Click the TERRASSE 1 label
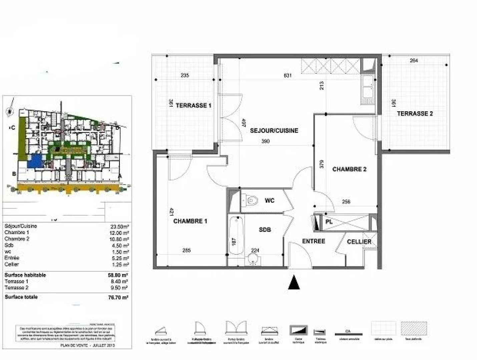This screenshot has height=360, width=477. [193, 105]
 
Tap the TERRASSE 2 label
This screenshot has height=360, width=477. [415, 113]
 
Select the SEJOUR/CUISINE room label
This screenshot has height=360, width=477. [274, 130]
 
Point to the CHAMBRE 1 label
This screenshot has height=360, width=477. [190, 221]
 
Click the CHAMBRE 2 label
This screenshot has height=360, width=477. [349, 169]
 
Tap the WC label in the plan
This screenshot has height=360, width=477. [270, 200]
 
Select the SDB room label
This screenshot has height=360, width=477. [265, 230]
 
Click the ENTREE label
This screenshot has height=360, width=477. [313, 241]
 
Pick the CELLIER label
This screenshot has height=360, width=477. [359, 242]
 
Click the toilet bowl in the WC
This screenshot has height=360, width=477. [252, 201]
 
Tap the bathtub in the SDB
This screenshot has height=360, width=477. [236, 235]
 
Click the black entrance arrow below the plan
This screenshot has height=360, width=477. [294, 282]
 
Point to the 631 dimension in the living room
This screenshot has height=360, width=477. [288, 75]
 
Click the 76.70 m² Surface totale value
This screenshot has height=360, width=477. [118, 297]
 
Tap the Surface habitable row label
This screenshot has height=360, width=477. [25, 275]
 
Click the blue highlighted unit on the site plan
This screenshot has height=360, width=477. [35, 161]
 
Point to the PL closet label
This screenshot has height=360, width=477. [329, 221]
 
